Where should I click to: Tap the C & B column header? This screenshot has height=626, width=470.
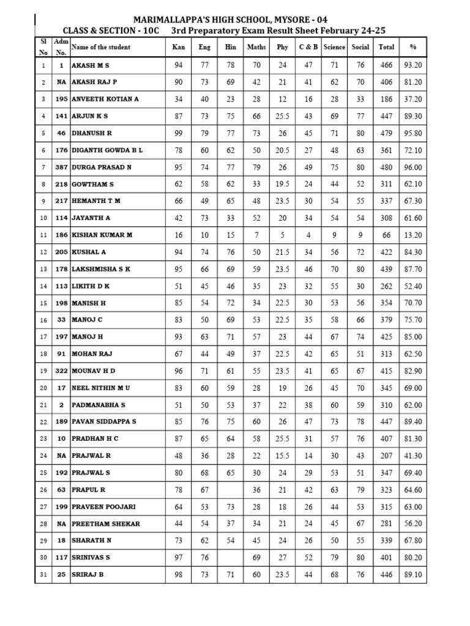(x=308, y=46)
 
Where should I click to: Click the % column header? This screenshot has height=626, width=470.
(x=413, y=46)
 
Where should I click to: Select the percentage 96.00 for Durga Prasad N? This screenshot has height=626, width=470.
(x=413, y=167)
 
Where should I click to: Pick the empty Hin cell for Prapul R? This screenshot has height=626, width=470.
(x=231, y=490)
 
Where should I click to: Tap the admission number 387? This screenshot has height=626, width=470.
(x=61, y=167)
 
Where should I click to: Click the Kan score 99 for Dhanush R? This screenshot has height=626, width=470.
(x=179, y=133)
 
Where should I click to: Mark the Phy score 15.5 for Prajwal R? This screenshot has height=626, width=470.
(x=282, y=455)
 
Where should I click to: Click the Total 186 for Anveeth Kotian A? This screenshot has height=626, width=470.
(x=386, y=99)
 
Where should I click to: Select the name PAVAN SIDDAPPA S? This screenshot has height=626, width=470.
(x=104, y=422)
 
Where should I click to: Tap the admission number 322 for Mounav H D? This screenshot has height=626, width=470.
(x=61, y=370)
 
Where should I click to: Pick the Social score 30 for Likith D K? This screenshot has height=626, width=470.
(x=360, y=285)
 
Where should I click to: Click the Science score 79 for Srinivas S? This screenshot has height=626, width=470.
(x=335, y=558)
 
